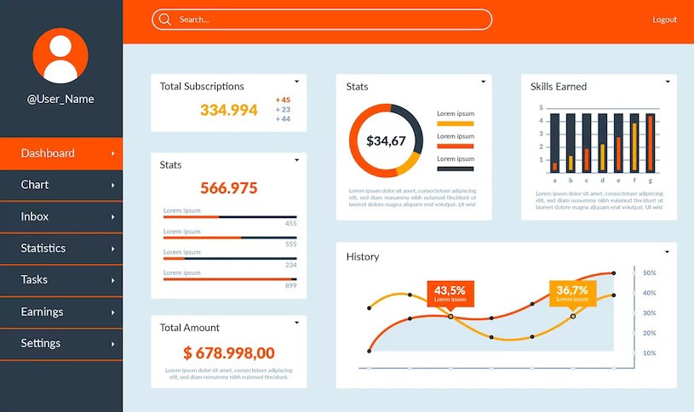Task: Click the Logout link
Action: click(664, 20)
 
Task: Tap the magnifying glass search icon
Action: click(164, 20)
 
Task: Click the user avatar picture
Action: click(60, 55)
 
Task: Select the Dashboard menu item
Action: click(48, 153)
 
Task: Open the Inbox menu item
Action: click(35, 216)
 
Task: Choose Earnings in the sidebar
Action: click(42, 312)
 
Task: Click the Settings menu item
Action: click(41, 343)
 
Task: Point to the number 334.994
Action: click(228, 110)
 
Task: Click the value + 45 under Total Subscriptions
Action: click(283, 100)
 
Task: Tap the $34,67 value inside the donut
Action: click(386, 140)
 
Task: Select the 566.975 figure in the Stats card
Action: click(228, 188)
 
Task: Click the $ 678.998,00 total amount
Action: click(228, 352)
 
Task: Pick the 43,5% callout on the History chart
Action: click(450, 293)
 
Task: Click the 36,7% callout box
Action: click(572, 293)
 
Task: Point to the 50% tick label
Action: click(649, 273)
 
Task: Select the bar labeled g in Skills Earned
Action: click(651, 142)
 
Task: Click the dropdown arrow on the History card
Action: click(667, 252)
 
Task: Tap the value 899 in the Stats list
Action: click(290, 285)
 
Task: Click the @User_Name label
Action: click(60, 99)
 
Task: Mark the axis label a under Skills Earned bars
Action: click(554, 180)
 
